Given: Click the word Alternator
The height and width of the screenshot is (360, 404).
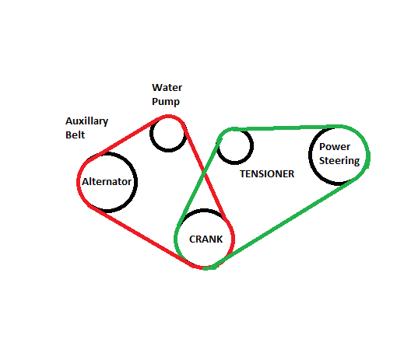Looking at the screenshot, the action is click(x=107, y=182).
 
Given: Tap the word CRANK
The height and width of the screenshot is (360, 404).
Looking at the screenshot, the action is click(x=206, y=239).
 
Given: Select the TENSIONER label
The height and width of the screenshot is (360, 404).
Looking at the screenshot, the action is click(x=267, y=174).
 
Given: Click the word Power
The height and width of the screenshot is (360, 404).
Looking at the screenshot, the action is click(x=335, y=147).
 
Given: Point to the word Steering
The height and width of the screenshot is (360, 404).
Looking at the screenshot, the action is click(x=339, y=161).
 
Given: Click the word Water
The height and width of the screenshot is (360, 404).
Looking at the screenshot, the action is click(x=167, y=88).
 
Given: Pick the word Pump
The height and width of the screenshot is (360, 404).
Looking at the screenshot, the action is click(x=166, y=102).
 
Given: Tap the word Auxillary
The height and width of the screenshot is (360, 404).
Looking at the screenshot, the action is click(x=87, y=121).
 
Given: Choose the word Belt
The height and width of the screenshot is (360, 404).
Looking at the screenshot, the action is click(x=76, y=135).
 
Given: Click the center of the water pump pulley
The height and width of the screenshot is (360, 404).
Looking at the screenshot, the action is click(x=168, y=134).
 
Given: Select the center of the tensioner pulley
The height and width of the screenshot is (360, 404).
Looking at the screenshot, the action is click(x=234, y=146).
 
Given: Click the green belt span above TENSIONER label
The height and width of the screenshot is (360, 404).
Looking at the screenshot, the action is click(x=286, y=128).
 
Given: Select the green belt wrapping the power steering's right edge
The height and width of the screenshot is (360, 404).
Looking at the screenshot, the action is click(x=368, y=155).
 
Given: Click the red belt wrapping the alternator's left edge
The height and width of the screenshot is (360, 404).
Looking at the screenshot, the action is click(x=79, y=181).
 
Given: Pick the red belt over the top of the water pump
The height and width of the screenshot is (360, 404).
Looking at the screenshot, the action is click(x=169, y=117).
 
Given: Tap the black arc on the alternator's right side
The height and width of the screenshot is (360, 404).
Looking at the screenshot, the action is click(x=135, y=182).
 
